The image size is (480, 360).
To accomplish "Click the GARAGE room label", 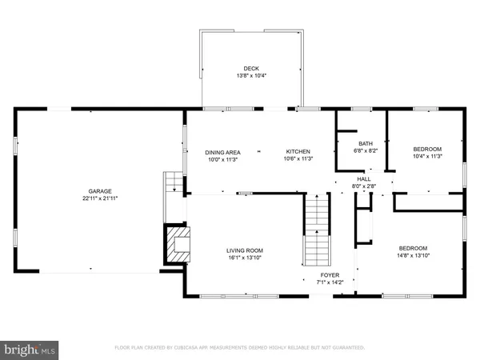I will pos(100,191).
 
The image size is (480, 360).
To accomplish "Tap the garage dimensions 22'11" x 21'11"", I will pos(100,198).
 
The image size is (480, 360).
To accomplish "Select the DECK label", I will pos(252,68).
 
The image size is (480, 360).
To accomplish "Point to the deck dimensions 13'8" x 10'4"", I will pos(252,75).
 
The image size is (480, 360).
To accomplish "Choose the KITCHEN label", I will pos(298,152).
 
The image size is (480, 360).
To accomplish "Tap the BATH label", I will pos(364,142).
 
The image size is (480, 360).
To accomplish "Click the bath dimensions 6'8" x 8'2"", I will pos(364,150).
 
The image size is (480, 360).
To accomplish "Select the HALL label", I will pos(364,179).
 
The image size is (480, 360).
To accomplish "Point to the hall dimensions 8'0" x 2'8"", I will pos(364,186).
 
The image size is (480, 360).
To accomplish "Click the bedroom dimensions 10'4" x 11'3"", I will pos(426,156).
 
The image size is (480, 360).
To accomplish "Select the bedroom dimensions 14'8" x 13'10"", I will pos(413,256).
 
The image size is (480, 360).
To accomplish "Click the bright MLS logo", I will pos(30,349).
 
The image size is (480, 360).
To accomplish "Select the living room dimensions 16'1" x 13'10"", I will pos(244,258).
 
